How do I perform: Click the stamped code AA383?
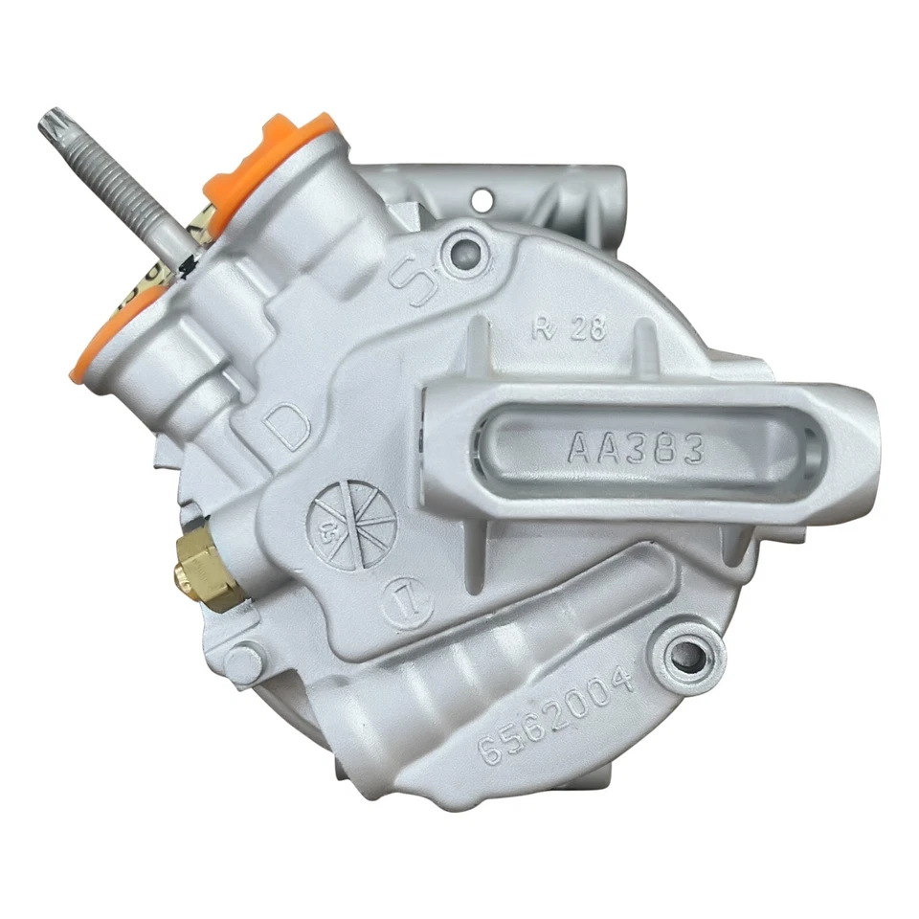click(636, 446)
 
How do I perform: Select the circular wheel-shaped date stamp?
click(351, 523)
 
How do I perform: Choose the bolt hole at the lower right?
click(686, 655)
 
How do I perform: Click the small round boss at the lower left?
click(244, 661)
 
